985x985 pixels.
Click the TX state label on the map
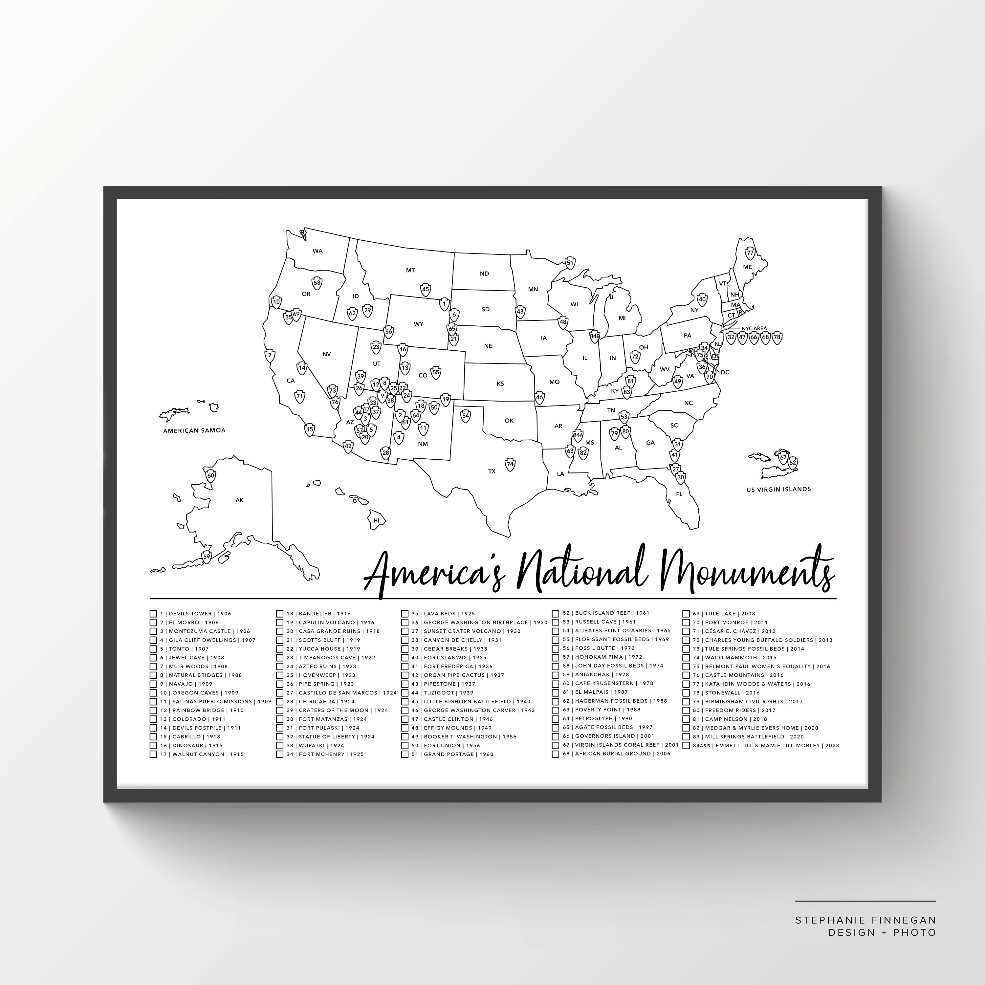point(492,471)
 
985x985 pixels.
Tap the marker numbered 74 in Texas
point(510,464)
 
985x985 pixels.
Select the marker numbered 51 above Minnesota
point(570,263)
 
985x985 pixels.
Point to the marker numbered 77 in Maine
point(750,252)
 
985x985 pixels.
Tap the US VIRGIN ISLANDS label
point(778,489)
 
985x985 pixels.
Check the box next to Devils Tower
point(153,614)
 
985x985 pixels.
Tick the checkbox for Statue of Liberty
point(279,737)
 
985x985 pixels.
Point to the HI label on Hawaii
point(377,520)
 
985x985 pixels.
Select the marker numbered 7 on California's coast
point(270,355)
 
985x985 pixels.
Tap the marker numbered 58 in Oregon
point(317,283)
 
